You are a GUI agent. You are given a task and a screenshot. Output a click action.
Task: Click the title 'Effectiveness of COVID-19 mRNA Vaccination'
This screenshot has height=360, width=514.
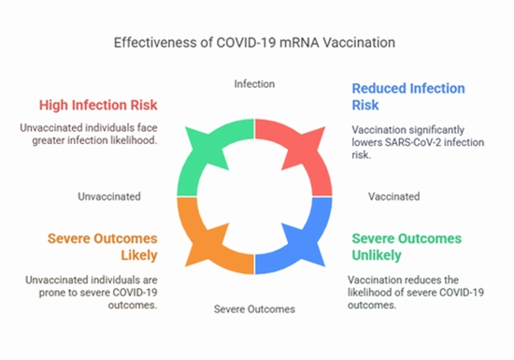click(x=254, y=43)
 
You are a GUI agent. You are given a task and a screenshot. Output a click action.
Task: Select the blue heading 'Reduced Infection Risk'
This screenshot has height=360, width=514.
click(x=408, y=96)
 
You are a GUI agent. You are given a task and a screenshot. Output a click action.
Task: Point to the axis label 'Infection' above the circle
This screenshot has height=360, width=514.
click(x=254, y=84)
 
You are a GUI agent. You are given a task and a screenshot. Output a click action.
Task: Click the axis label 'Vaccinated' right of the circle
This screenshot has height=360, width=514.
click(x=394, y=196)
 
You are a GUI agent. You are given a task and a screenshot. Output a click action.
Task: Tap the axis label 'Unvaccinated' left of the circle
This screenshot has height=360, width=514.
click(x=110, y=196)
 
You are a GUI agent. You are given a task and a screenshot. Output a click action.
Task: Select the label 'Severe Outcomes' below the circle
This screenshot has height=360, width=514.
click(x=254, y=309)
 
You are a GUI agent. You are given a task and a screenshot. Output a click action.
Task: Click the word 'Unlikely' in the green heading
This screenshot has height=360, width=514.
click(x=377, y=254)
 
